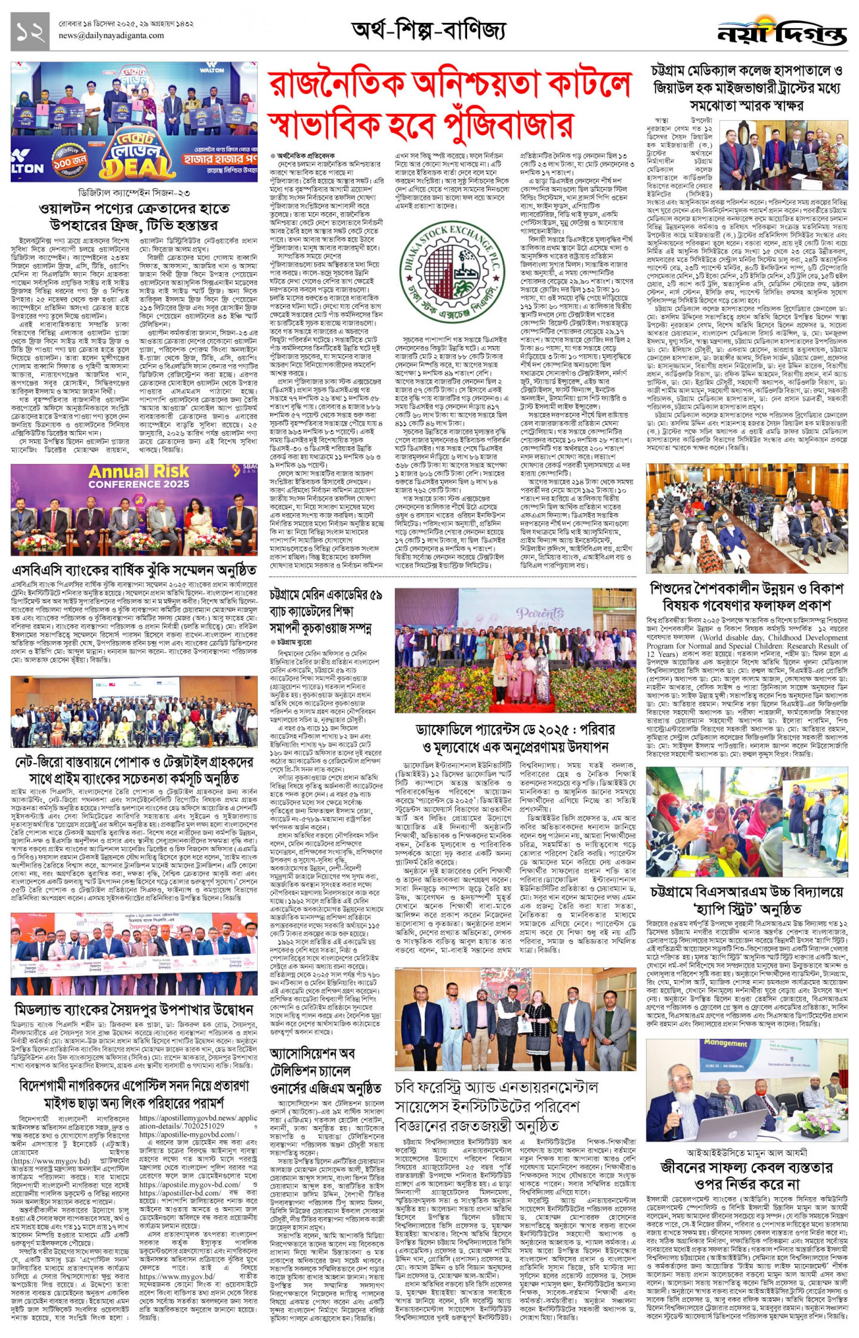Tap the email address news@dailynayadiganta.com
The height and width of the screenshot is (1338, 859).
tap(111, 36)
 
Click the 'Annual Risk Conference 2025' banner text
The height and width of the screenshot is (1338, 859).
tap(139, 477)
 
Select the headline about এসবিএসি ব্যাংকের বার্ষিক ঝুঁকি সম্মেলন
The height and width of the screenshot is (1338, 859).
tap(134, 570)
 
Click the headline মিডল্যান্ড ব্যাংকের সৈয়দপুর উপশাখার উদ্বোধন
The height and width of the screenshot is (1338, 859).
tap(134, 1009)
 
